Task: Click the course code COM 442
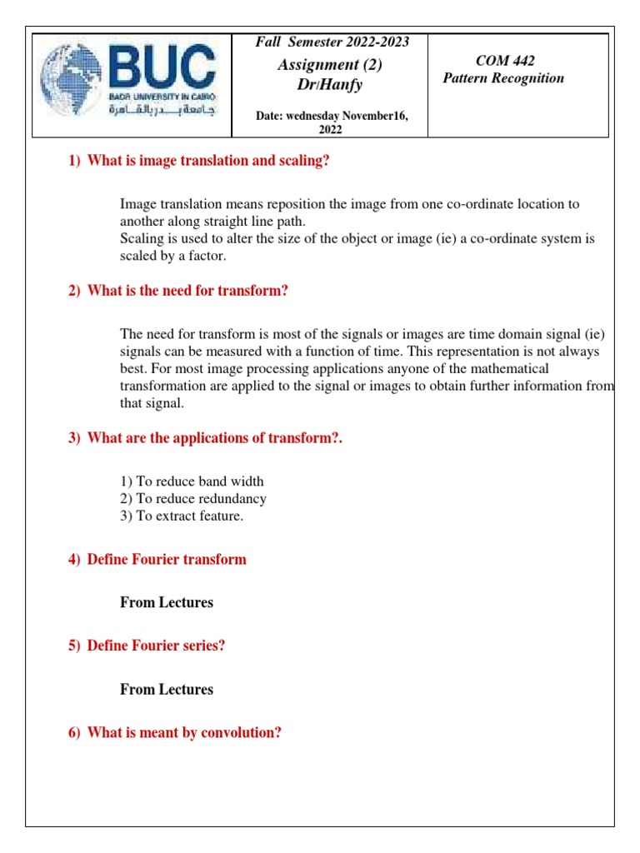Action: [504, 61]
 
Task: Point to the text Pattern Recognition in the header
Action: [502, 78]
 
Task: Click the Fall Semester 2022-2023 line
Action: [332, 42]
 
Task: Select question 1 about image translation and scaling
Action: [198, 161]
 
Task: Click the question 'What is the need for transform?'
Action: [188, 291]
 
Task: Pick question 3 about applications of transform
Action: [205, 439]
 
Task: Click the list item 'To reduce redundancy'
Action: [193, 499]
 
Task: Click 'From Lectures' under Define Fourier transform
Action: [167, 602]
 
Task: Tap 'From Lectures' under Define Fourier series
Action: [167, 689]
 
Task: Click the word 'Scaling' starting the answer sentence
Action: [142, 239]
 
